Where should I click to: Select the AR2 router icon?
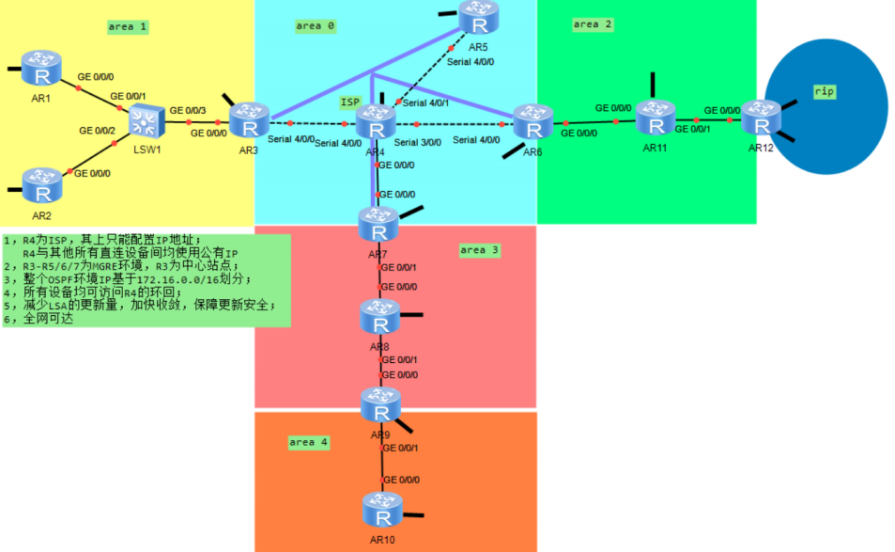pos(41,186)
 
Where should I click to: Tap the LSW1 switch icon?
pos(145,119)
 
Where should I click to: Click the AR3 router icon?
pos(249,121)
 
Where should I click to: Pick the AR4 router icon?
pos(376,123)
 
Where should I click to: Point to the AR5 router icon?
pos(479,18)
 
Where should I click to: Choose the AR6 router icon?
pos(532,122)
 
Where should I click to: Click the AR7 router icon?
pos(378,225)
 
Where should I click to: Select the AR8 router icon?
pos(380,317)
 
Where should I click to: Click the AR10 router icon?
pos(382,511)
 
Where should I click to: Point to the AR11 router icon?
pos(655,118)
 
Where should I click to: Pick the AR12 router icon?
pos(761,119)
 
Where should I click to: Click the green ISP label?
pos(349,101)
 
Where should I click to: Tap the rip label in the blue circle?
pos(825,91)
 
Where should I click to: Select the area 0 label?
pos(315,25)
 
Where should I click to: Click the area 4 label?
pos(308,441)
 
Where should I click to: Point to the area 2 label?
pos(593,24)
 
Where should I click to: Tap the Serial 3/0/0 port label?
pos(418,142)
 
